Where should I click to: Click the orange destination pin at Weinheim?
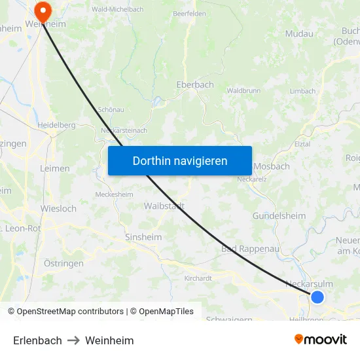(x=43, y=10)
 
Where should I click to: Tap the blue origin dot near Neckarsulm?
(x=317, y=297)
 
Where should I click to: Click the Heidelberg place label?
(x=57, y=124)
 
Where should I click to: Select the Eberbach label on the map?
(x=195, y=84)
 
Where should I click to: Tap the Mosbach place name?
(x=271, y=166)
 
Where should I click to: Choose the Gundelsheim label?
(x=279, y=216)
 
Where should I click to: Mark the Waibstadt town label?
(x=164, y=206)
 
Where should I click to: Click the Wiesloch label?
(x=58, y=209)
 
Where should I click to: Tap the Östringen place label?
(x=63, y=263)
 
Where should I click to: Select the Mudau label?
(x=299, y=33)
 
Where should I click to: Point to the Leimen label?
(x=55, y=168)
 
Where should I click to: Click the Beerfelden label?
(x=189, y=13)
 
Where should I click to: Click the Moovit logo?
(x=321, y=340)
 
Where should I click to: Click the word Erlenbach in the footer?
(x=37, y=340)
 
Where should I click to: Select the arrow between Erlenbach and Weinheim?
(x=73, y=340)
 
